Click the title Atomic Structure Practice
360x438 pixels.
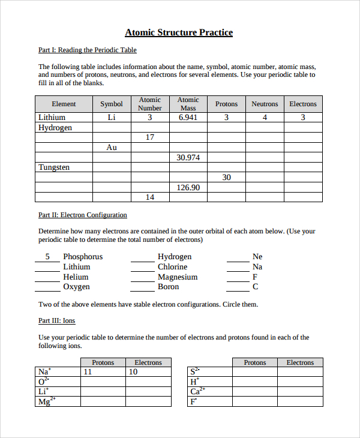[x=179, y=32]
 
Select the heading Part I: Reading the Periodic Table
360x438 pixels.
[x=88, y=50]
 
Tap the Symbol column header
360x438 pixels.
[x=112, y=104]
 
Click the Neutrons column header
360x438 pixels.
[x=265, y=104]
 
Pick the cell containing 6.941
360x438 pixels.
[x=188, y=118]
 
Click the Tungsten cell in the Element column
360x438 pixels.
[x=54, y=167]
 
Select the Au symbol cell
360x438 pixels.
[x=112, y=148]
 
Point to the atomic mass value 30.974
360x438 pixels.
[x=188, y=157]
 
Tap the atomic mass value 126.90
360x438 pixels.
[x=188, y=187]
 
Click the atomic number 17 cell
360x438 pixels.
[x=150, y=137]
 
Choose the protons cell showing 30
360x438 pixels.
[x=226, y=178]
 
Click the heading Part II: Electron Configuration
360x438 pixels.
[x=83, y=215]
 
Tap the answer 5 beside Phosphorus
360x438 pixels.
[x=47, y=257]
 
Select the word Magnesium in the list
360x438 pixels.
[x=178, y=277]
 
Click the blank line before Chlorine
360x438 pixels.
[x=143, y=268]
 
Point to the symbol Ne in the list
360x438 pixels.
[x=257, y=257]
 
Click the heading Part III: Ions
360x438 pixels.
[x=57, y=321]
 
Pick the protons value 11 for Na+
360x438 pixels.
[x=88, y=372]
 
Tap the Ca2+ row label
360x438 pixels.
[x=197, y=391]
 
